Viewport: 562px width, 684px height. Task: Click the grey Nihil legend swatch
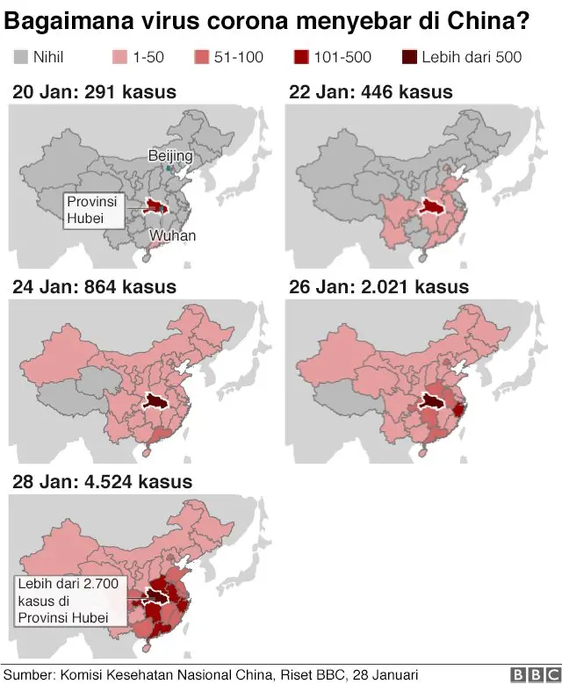(20, 58)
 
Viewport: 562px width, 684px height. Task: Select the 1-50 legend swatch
(120, 58)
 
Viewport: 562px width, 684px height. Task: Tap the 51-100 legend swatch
(200, 58)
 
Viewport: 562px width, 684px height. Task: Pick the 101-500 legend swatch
(301, 58)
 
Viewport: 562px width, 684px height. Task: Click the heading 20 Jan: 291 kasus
(94, 91)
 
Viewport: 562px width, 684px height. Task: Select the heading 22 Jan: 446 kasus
(371, 91)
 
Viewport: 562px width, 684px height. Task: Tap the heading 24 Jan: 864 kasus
(94, 287)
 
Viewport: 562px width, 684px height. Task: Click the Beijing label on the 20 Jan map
(169, 155)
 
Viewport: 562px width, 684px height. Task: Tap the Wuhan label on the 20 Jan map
(172, 235)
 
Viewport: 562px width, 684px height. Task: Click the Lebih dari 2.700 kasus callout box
(69, 601)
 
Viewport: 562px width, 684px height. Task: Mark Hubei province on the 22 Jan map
(431, 206)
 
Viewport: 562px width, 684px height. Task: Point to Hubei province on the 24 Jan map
(156, 402)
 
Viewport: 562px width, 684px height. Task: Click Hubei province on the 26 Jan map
(431, 402)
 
